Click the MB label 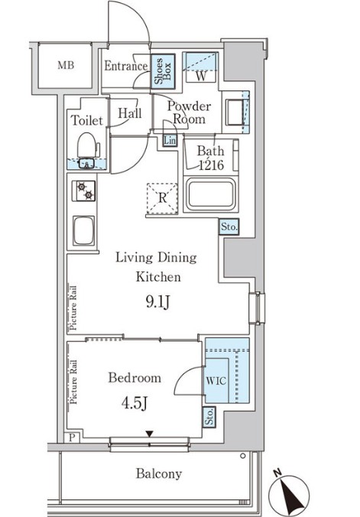coord(66,65)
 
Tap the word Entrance coord(125,67)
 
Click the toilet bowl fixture coord(86,145)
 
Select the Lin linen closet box coord(170,141)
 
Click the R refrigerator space coord(163,196)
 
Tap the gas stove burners coord(83,191)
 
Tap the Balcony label coord(159,473)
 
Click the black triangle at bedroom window coord(150,434)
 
